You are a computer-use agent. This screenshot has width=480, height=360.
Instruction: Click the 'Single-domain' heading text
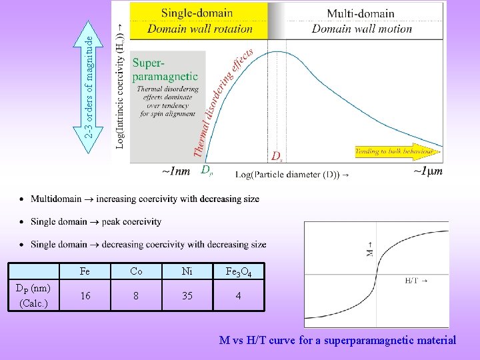(197, 13)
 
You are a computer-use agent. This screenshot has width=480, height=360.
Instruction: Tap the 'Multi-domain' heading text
(361, 13)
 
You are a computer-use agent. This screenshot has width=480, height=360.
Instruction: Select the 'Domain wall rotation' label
(200, 29)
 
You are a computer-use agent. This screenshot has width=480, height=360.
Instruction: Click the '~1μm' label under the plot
(427, 171)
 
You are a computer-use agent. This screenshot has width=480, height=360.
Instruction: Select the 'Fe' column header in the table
(85, 272)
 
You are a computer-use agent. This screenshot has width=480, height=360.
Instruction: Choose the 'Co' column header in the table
(136, 272)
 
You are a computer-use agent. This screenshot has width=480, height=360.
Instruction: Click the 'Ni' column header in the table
(187, 272)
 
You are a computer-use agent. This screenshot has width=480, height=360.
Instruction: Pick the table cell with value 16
(85, 295)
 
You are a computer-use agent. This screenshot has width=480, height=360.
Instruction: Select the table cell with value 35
(187, 295)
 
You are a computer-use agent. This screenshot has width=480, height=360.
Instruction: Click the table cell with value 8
(136, 295)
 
